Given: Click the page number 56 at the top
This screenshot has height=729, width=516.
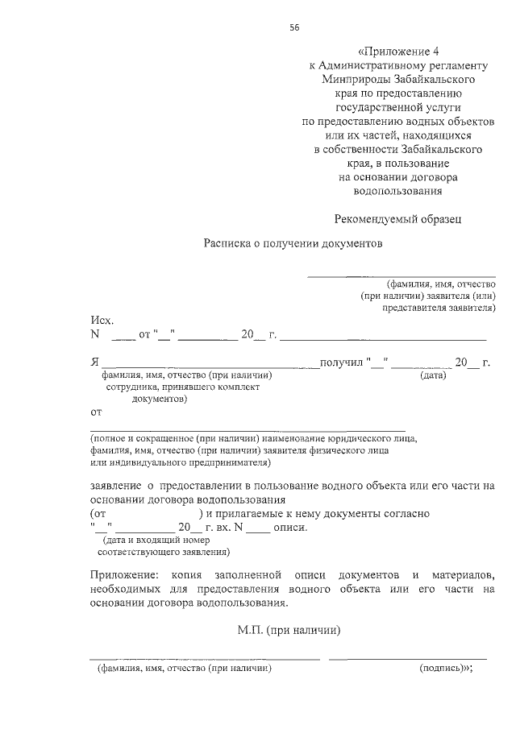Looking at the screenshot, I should tap(294, 27).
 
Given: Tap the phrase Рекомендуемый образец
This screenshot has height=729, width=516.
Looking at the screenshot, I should tap(398, 217).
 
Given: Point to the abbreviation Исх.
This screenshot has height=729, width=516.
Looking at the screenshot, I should tap(102, 321).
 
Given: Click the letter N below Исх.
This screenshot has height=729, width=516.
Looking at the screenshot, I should tap(94, 335).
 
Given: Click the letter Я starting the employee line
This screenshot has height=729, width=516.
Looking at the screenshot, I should tap(94, 362).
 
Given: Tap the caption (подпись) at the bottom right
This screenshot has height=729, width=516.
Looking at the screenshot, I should tap(443, 669).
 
